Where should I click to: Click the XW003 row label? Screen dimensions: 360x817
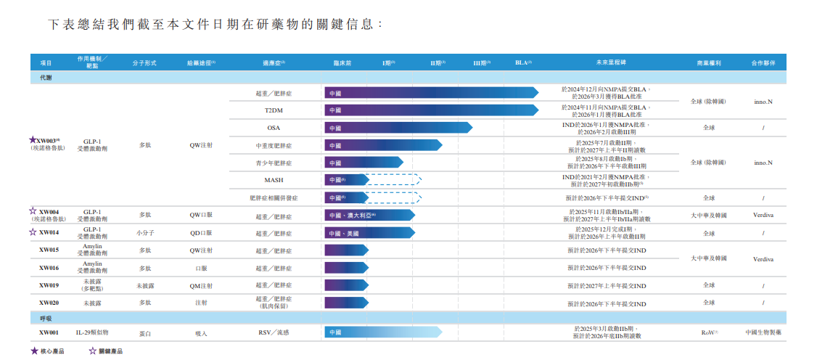point(48,140)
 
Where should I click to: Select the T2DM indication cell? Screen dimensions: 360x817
point(274,110)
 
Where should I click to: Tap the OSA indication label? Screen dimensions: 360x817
point(274,128)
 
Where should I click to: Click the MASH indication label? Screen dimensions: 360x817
point(274,179)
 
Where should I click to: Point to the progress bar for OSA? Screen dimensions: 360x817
point(398,128)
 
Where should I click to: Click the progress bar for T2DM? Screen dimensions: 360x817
point(431,110)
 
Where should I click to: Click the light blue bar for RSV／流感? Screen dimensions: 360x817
point(382,332)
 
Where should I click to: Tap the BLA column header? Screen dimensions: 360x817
point(522,63)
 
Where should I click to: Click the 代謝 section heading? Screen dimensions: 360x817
point(45,77)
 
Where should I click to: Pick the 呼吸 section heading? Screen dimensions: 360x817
point(45,319)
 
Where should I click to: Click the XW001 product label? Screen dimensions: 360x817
point(49,332)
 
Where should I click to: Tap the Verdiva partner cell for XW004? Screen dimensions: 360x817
point(763,215)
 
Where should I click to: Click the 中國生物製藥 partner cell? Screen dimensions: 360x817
point(763,332)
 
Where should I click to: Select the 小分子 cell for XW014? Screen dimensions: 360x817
point(145,233)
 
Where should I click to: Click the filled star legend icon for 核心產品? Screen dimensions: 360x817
point(34,351)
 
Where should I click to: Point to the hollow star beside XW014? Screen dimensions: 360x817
point(32,232)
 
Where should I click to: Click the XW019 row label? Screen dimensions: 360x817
point(49,285)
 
